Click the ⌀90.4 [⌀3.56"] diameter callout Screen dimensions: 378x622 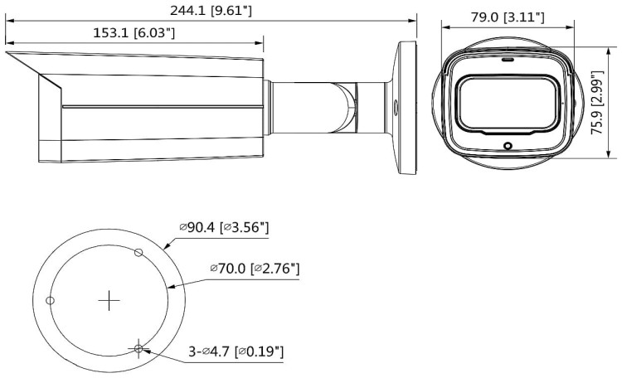pyautogui.click(x=224, y=227)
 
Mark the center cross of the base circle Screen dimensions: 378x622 pyautogui.click(x=109, y=300)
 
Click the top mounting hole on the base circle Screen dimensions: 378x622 pyautogui.click(x=138, y=251)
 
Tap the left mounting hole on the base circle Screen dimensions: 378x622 pyautogui.click(x=51, y=300)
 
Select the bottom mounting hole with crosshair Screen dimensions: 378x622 pyautogui.click(x=138, y=348)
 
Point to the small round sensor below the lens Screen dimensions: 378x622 pyautogui.click(x=508, y=146)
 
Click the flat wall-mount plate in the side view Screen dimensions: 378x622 pyautogui.click(x=406, y=106)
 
